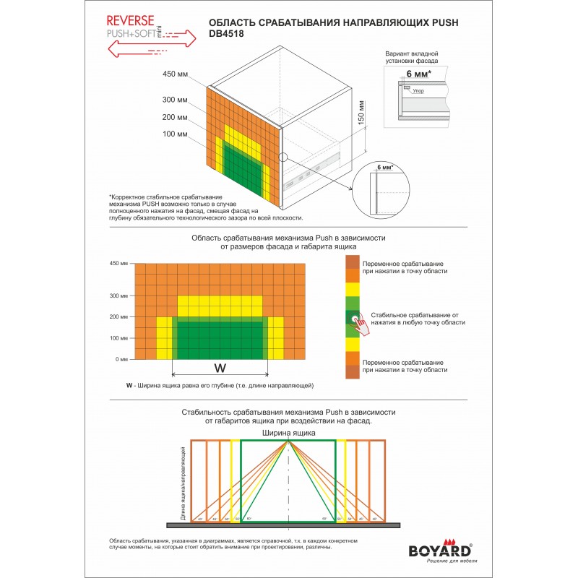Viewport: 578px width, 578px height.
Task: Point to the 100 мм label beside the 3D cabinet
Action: click(x=175, y=134)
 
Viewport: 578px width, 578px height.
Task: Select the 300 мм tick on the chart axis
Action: click(x=118, y=296)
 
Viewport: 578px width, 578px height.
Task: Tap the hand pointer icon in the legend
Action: click(x=358, y=322)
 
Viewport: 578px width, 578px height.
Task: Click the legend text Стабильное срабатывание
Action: click(x=414, y=315)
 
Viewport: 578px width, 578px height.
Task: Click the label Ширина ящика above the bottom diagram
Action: click(x=288, y=432)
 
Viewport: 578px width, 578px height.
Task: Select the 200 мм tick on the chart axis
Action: click(x=118, y=316)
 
